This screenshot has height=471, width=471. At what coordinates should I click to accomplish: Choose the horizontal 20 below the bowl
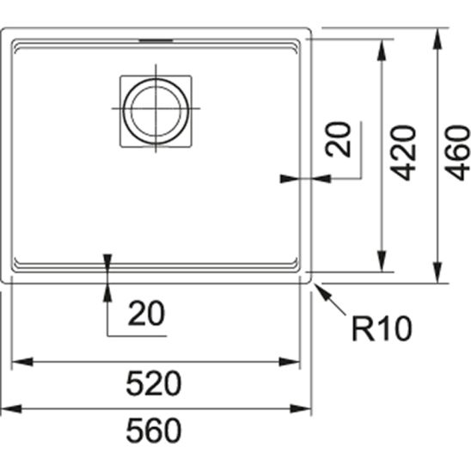(x=147, y=315)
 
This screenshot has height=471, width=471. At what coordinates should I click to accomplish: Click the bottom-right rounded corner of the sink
(x=308, y=280)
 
